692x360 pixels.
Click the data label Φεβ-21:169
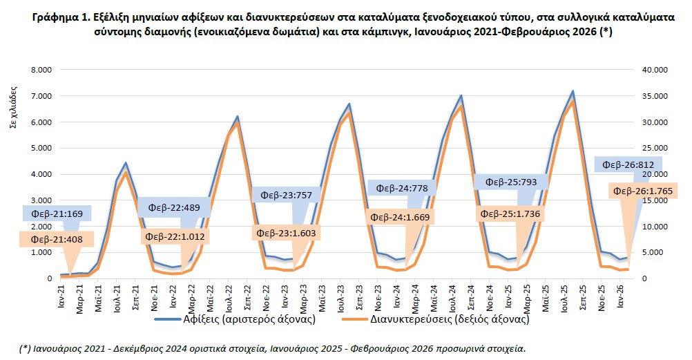pyautogui.click(x=52, y=214)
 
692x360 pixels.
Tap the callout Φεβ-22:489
pyautogui.click(x=172, y=208)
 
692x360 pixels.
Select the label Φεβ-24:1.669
pyautogui.click(x=398, y=217)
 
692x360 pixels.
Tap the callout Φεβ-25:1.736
pyautogui.click(x=510, y=215)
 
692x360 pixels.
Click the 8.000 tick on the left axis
pyautogui.click(x=39, y=70)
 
